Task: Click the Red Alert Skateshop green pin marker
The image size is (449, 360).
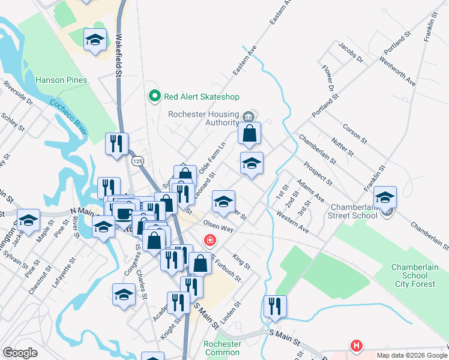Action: pos(154,96)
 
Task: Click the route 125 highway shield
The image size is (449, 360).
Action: pos(136,162)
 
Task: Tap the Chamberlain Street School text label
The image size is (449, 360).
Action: pos(352,211)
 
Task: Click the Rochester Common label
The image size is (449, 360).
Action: pos(222,348)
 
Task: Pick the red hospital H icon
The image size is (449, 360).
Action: pos(357,346)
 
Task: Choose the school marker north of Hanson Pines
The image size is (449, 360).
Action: pos(94,39)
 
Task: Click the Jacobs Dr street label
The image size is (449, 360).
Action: pos(351,53)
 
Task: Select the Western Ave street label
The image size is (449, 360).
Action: pos(293,221)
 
